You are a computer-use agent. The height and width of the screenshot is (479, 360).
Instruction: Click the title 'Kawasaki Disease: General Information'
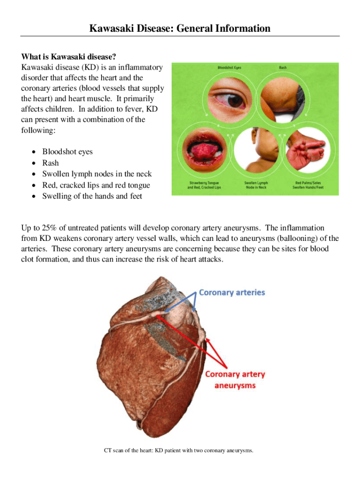[x=180, y=29]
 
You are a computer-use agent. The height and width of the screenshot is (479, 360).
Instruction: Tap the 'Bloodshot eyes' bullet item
[x=67, y=152]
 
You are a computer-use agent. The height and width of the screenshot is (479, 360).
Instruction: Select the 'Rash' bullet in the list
[x=50, y=163]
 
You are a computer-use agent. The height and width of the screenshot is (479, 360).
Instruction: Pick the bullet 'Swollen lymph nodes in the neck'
[x=97, y=174]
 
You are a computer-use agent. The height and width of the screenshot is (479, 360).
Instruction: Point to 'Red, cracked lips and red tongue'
[x=96, y=185]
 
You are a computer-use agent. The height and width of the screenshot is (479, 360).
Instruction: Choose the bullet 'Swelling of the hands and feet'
[x=92, y=196]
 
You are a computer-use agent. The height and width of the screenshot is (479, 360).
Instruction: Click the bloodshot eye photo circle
[x=230, y=99]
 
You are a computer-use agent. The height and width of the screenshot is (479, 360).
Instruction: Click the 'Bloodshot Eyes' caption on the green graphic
[x=229, y=68]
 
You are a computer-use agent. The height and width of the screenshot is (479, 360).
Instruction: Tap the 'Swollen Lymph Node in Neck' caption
[x=256, y=185]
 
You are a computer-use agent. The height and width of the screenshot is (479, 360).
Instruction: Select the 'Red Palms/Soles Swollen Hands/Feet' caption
[x=307, y=185]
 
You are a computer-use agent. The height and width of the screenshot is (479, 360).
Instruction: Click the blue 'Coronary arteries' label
[x=232, y=292]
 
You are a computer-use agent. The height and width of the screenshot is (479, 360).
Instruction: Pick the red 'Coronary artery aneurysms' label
[x=235, y=380]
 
